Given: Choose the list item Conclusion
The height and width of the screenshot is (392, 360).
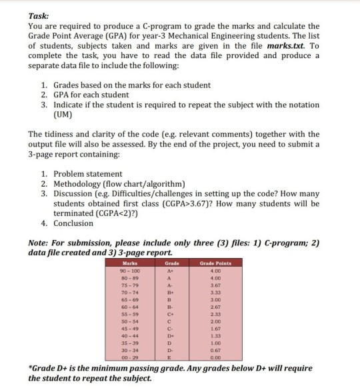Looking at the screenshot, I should coord(75,223).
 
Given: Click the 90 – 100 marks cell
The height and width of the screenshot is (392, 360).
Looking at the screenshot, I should coord(127,271).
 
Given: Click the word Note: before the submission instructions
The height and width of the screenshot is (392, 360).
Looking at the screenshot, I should coord(42,243).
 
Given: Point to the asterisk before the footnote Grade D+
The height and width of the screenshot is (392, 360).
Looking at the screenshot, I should coord(31,368).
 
